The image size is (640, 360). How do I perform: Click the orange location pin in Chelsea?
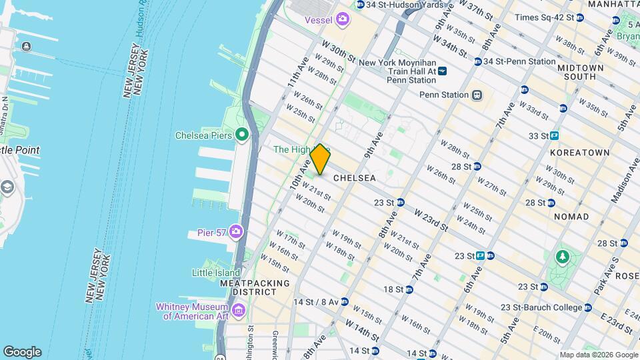point(320,159)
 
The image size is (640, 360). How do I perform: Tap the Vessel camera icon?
point(343,19)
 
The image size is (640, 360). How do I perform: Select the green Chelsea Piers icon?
point(241,135)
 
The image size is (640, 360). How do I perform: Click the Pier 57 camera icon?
point(235,232)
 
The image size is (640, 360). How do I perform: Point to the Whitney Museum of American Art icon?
point(239,311)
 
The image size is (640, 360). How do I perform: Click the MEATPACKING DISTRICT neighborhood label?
point(255,288)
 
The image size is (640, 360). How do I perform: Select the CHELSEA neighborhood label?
point(354,179)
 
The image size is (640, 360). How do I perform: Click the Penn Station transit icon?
point(477,95)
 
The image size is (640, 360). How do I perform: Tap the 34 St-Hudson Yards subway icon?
point(361,5)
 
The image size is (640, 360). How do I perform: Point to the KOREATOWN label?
point(580,153)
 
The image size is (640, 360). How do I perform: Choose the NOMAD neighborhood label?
point(571,217)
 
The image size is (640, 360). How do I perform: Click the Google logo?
point(22,351)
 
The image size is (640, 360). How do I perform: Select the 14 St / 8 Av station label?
point(316,301)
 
